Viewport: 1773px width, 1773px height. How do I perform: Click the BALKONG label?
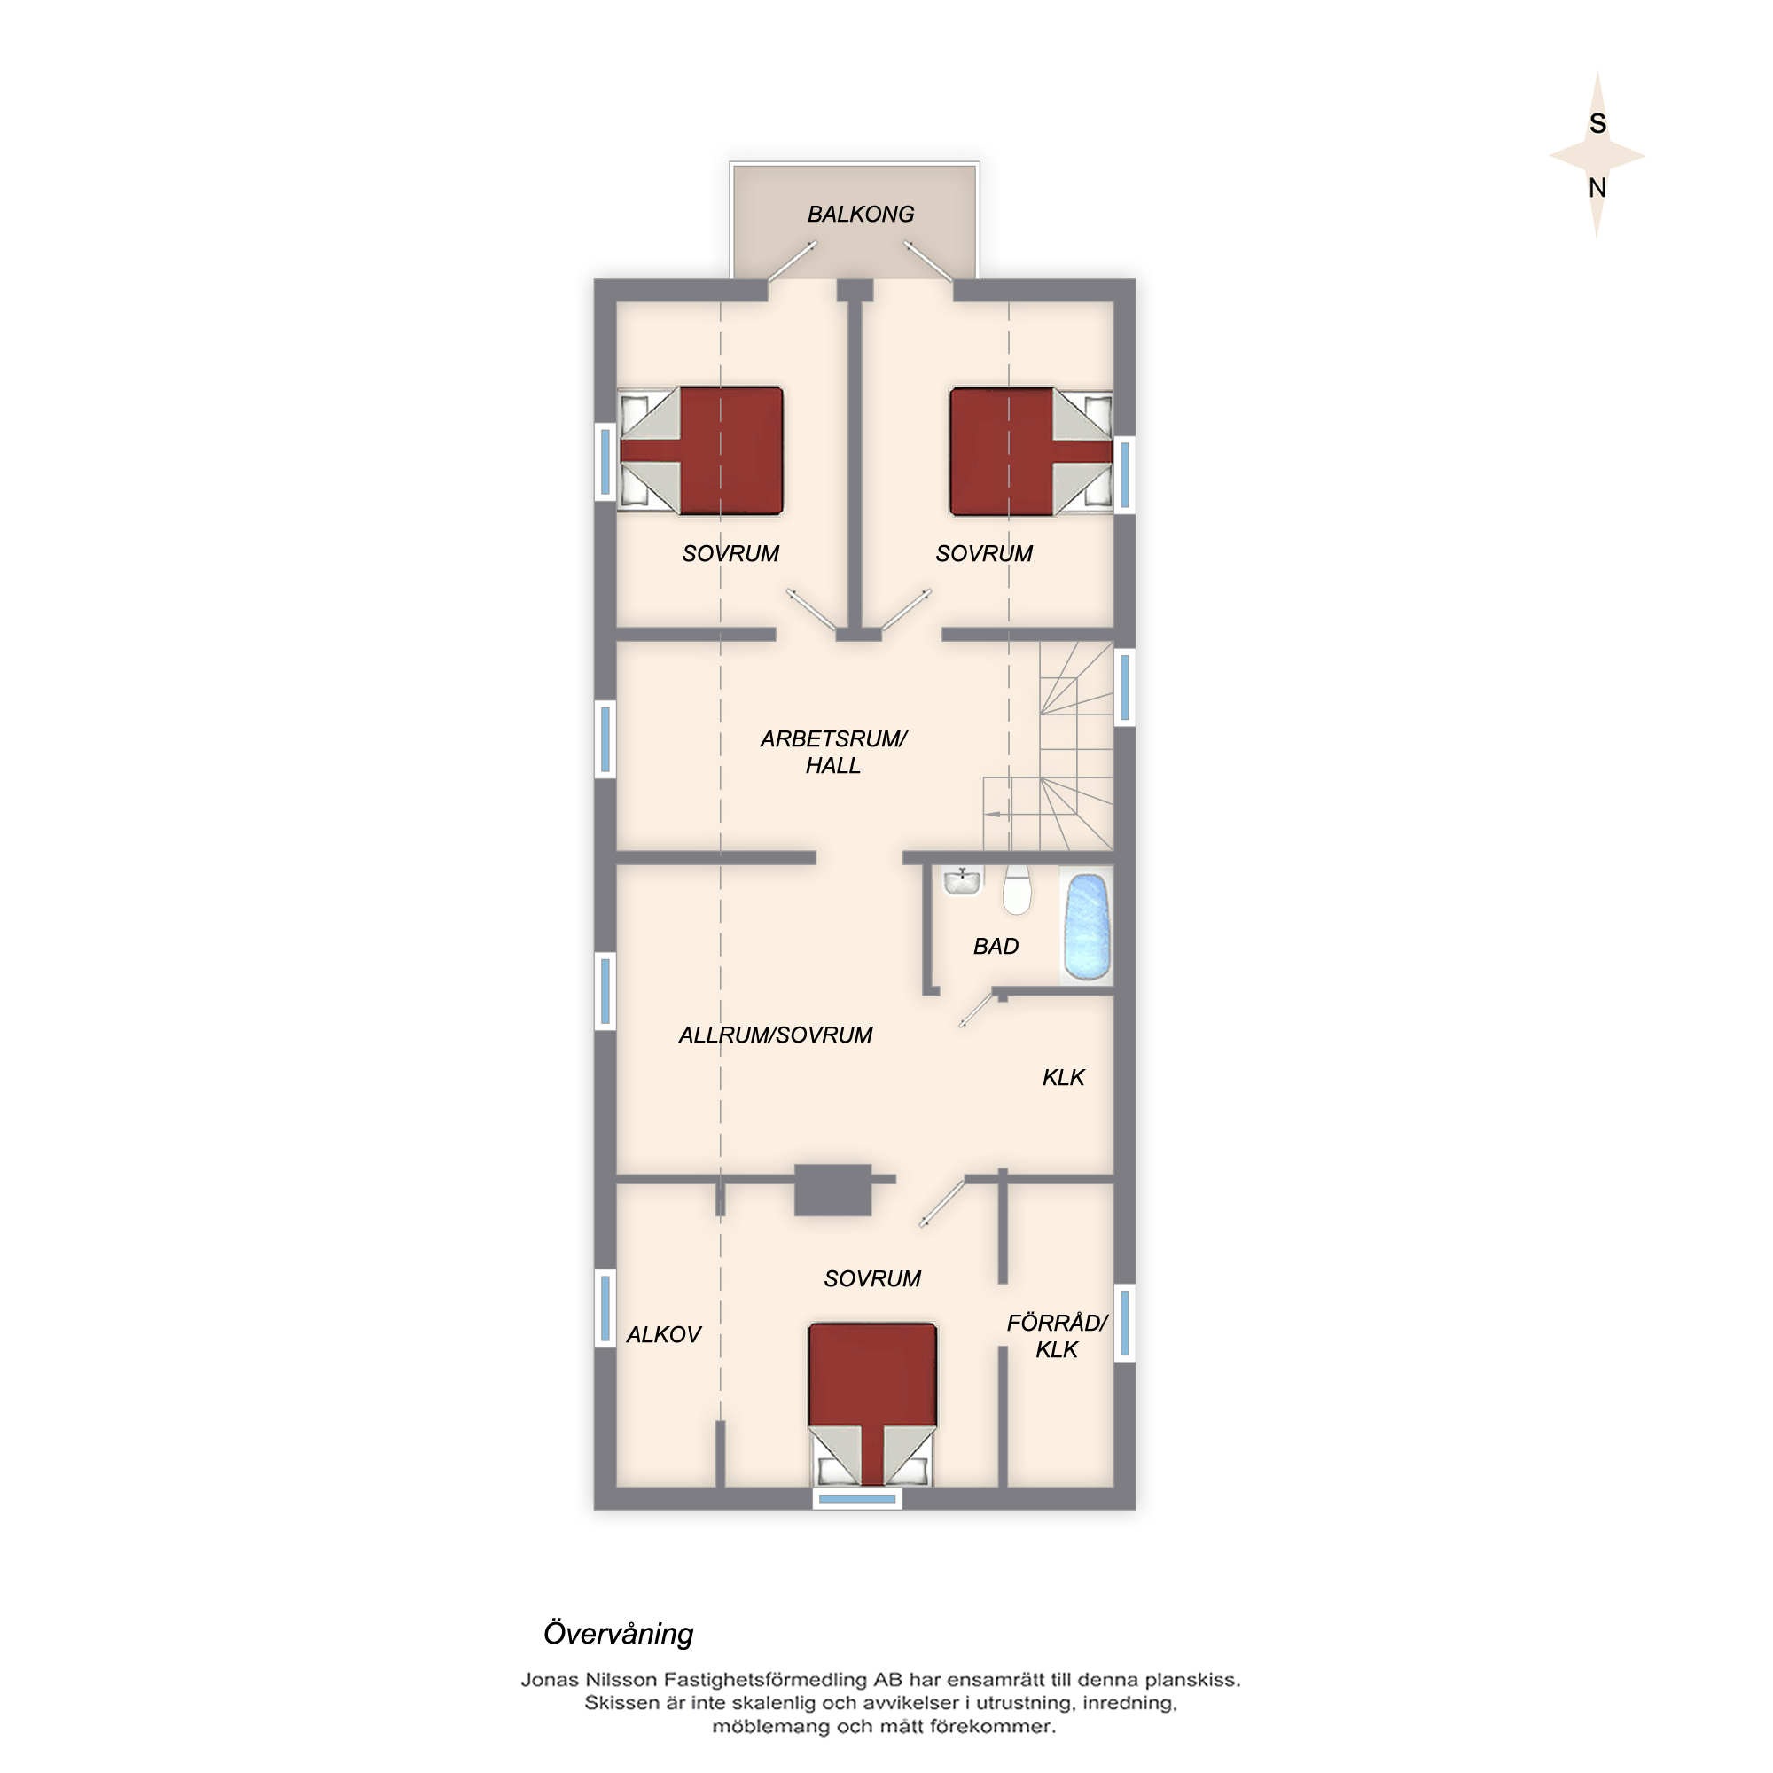[x=860, y=214]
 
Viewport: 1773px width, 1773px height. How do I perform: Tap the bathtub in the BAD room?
[x=1087, y=927]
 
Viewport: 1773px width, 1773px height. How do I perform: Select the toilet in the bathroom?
[x=1016, y=889]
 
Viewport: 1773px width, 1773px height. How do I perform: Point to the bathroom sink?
[x=961, y=882]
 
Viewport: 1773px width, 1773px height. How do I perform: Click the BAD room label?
[x=996, y=946]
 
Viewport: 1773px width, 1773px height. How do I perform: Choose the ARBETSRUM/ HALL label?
[x=833, y=752]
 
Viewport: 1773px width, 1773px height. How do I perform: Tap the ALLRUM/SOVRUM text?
[x=776, y=1035]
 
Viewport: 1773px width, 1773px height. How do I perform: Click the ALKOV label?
[x=663, y=1334]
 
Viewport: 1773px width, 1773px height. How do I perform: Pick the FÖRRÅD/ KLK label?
[x=1058, y=1335]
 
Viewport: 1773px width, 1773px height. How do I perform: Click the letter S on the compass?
[x=1597, y=124]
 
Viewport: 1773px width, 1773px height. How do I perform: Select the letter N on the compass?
[x=1597, y=188]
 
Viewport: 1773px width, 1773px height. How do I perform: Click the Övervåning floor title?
[x=619, y=1634]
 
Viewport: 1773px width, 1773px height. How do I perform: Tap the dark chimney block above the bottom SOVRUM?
[x=832, y=1191]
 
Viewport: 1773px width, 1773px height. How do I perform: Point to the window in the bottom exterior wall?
[x=857, y=1498]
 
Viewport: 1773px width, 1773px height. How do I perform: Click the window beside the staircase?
[x=1124, y=687]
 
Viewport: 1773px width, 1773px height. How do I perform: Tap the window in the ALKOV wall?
[x=605, y=1308]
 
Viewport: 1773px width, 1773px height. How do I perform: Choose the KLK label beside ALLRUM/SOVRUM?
[x=1064, y=1077]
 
